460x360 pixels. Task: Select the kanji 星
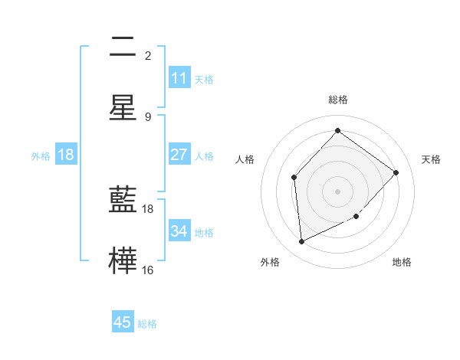123,108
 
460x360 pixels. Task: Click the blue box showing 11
179,78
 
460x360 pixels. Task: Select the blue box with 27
179,155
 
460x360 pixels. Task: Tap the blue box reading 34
179,231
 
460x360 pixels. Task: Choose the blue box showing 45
123,322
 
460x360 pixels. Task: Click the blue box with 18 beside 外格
66,155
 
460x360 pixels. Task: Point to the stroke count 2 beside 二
148,55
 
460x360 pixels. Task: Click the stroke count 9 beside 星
148,116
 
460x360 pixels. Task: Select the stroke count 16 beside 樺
148,270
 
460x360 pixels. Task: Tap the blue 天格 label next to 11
204,79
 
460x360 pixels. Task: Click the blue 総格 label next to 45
147,324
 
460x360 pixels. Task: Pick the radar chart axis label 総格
337,100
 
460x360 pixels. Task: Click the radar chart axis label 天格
431,159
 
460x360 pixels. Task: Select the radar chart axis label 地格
402,262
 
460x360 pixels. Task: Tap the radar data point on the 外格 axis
301,242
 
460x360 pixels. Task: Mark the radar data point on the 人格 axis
294,178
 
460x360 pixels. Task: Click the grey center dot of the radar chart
337,191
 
